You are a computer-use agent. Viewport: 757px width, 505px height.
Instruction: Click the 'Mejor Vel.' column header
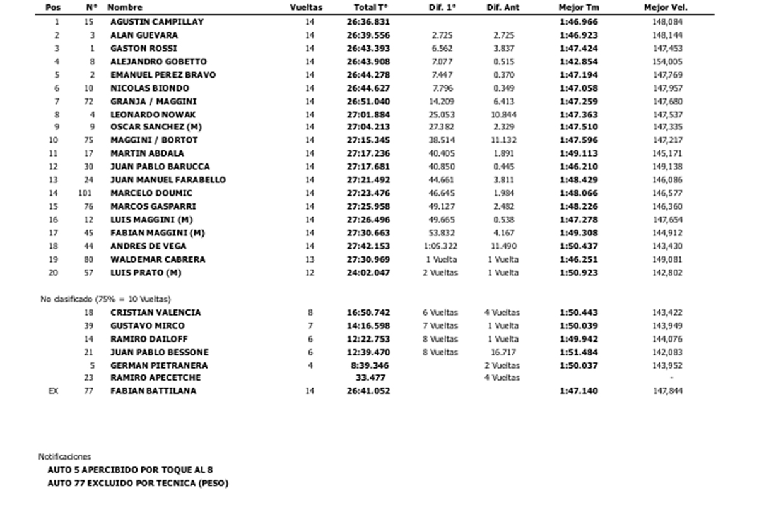click(666, 8)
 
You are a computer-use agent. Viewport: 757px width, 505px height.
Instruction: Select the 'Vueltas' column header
click(306, 8)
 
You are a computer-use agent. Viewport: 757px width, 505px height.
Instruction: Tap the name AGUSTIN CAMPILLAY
click(156, 21)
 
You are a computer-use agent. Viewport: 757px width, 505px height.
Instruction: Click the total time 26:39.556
click(372, 35)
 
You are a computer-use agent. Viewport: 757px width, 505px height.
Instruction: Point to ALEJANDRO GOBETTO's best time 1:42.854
click(578, 62)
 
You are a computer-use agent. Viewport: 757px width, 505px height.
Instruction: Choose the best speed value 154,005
click(667, 62)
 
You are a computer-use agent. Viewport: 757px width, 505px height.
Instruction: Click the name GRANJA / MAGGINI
click(153, 101)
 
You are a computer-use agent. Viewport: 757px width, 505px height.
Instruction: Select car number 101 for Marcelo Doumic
click(85, 193)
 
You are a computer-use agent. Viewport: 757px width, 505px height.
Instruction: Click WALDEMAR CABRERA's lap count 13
click(309, 259)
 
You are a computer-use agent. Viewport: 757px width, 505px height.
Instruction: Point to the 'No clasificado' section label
click(104, 299)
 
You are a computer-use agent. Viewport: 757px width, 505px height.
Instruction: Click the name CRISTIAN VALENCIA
click(155, 312)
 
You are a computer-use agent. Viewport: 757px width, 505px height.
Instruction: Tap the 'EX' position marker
click(54, 391)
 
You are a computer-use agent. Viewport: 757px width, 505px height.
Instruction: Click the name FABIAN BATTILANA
click(153, 391)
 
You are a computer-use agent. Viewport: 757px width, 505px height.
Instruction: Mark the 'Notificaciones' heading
click(64, 456)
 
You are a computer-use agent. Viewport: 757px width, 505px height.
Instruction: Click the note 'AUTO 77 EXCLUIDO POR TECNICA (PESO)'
click(138, 484)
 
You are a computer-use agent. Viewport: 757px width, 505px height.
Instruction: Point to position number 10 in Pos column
click(54, 140)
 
